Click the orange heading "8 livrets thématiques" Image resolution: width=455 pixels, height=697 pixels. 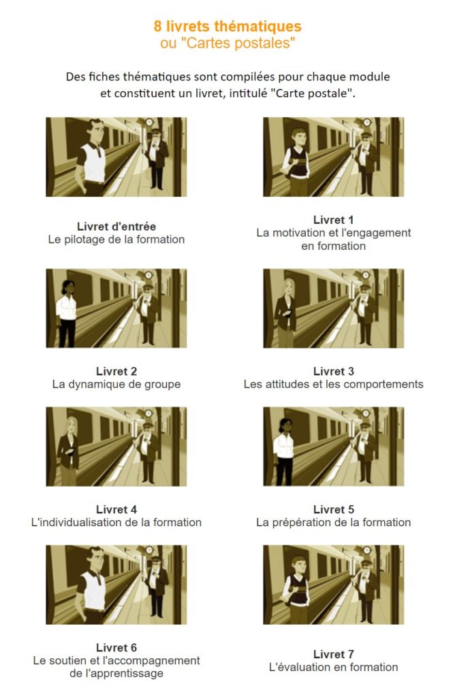point(227,27)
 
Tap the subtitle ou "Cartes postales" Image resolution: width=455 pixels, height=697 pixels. point(227,43)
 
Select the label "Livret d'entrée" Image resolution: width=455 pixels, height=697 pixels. point(116,226)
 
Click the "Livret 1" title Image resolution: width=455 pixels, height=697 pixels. point(333,220)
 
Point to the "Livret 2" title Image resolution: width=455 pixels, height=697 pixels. point(116,371)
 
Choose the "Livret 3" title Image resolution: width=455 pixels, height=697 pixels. point(334,371)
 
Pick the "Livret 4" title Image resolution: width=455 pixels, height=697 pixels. point(116,509)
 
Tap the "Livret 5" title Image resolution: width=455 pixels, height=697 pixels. point(334,509)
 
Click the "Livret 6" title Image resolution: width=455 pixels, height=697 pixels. point(116,647)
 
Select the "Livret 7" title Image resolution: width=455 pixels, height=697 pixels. point(334,654)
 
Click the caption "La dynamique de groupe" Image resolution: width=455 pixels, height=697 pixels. point(116,384)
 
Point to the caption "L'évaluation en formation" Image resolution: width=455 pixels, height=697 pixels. point(334,667)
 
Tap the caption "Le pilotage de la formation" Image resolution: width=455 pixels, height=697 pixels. point(116,239)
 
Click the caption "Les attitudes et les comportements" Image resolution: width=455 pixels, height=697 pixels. point(334,384)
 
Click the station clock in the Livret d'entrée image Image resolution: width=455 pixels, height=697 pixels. point(149,122)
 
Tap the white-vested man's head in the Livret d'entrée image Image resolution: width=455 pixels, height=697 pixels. point(95,131)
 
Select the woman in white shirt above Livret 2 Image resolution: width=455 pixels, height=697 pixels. point(66,314)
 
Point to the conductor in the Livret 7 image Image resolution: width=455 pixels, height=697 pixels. point(366,591)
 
